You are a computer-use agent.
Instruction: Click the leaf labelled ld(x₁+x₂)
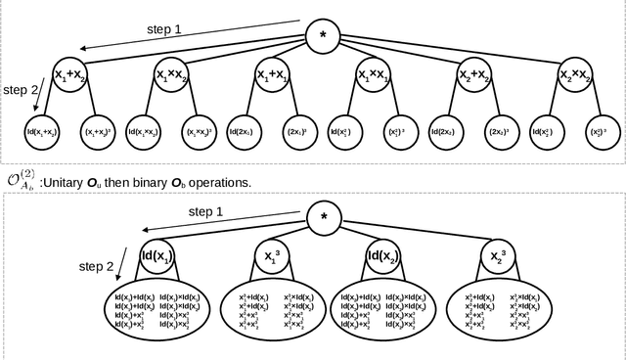(42, 129)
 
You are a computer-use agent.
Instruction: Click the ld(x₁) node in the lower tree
(156, 258)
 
